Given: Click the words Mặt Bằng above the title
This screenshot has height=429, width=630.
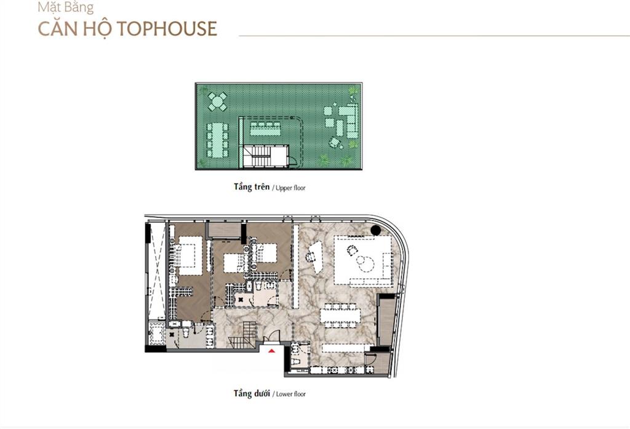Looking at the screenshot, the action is click(65, 7).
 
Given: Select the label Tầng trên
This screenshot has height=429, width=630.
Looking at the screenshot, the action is click(252, 187).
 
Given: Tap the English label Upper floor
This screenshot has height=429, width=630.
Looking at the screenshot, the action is click(290, 188).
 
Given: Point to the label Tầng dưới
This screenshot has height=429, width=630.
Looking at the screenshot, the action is click(252, 393).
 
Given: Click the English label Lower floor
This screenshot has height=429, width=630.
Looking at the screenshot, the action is click(291, 394).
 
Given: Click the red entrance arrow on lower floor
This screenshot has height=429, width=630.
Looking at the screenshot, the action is click(272, 351).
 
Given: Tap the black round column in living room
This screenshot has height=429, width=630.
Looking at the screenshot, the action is click(376, 230).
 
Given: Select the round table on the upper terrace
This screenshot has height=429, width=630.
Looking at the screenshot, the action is click(217, 102).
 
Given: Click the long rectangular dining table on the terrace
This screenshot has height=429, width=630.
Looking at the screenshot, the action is click(217, 140).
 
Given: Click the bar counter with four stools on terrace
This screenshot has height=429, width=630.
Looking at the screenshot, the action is click(265, 129).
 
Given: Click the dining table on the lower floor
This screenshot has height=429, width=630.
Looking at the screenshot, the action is click(340, 315).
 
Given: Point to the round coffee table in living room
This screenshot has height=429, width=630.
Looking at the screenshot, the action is click(367, 264).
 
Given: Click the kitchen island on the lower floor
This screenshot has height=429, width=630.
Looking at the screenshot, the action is click(346, 348).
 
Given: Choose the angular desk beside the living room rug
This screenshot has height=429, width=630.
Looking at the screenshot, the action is click(316, 257).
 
